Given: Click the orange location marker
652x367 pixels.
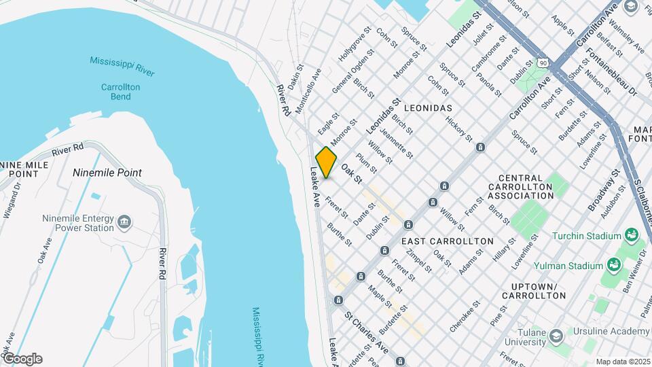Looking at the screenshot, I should [x=327, y=162].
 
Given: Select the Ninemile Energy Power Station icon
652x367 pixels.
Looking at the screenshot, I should [x=124, y=222].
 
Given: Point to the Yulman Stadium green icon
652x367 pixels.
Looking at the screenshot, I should [x=614, y=265].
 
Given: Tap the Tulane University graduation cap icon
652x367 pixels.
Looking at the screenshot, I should [x=556, y=336].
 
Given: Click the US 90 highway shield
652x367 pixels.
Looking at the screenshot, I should [x=542, y=62].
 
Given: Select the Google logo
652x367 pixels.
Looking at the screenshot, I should [x=22, y=359].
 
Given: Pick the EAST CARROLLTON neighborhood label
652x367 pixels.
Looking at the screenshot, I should [x=447, y=241].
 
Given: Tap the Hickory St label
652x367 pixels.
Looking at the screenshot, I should [x=458, y=127].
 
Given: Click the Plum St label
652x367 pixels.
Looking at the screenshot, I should [x=366, y=164].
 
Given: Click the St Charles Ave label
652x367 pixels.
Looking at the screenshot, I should [x=365, y=332].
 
